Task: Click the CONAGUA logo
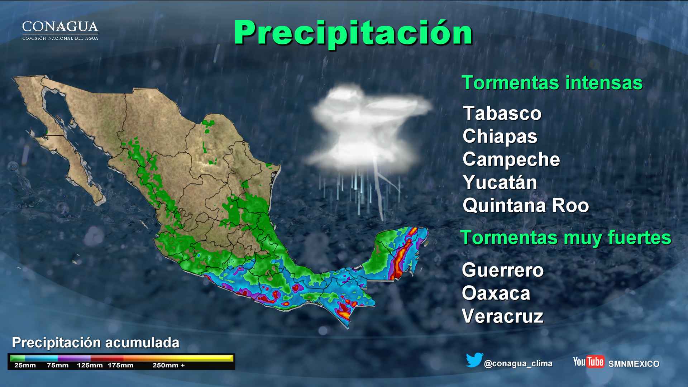(x=60, y=30)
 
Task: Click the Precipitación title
(x=353, y=33)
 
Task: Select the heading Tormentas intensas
(x=552, y=83)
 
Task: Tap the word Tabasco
(x=502, y=114)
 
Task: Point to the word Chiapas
(x=500, y=137)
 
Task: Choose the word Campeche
(x=511, y=159)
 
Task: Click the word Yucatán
(x=500, y=182)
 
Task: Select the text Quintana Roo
(x=526, y=206)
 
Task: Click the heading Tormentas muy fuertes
(x=565, y=238)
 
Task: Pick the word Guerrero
(x=503, y=270)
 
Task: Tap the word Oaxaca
(x=496, y=293)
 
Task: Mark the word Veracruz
(x=502, y=316)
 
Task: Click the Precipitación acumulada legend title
(x=96, y=343)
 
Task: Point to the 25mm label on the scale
(x=25, y=365)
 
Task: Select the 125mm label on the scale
(x=90, y=365)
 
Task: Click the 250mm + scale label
(x=168, y=365)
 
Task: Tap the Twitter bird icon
(x=474, y=360)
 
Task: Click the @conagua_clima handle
(x=518, y=364)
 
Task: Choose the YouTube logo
(x=588, y=362)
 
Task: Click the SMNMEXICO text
(x=634, y=364)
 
